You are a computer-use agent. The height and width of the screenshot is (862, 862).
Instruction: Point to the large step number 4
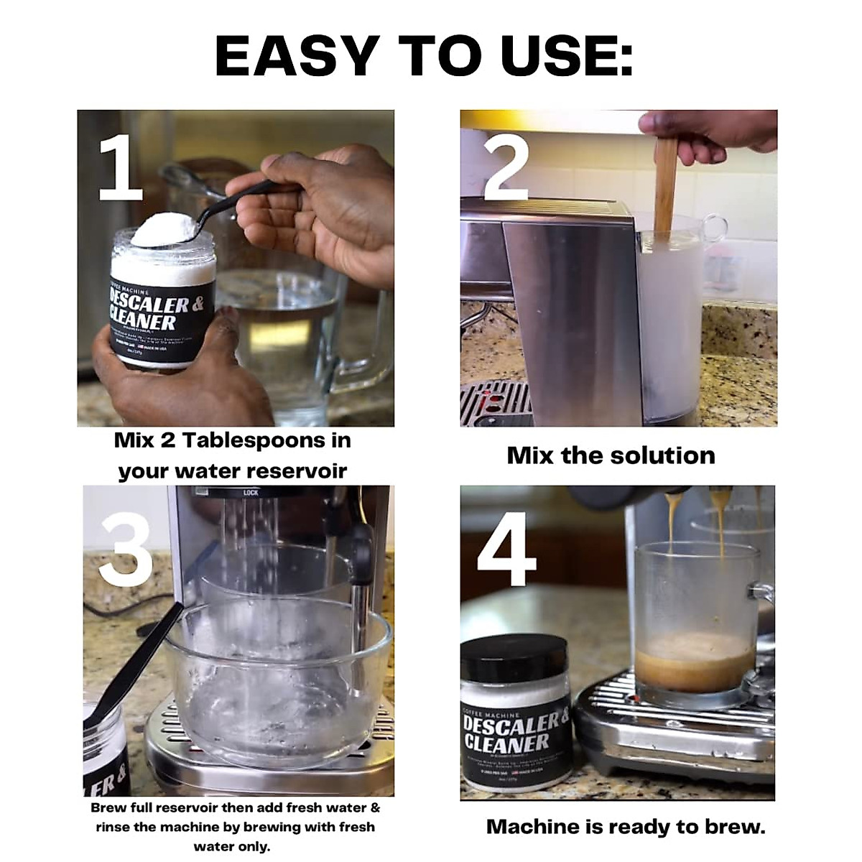click(x=507, y=549)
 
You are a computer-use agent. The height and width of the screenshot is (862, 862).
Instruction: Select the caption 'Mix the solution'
click(x=611, y=455)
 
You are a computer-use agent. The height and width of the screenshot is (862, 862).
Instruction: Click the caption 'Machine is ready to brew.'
click(x=626, y=826)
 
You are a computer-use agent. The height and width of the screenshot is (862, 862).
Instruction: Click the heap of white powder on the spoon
click(x=162, y=228)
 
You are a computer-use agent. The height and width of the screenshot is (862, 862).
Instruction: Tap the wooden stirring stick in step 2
click(x=665, y=187)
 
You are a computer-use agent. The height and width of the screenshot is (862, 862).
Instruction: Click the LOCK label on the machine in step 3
click(x=251, y=493)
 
